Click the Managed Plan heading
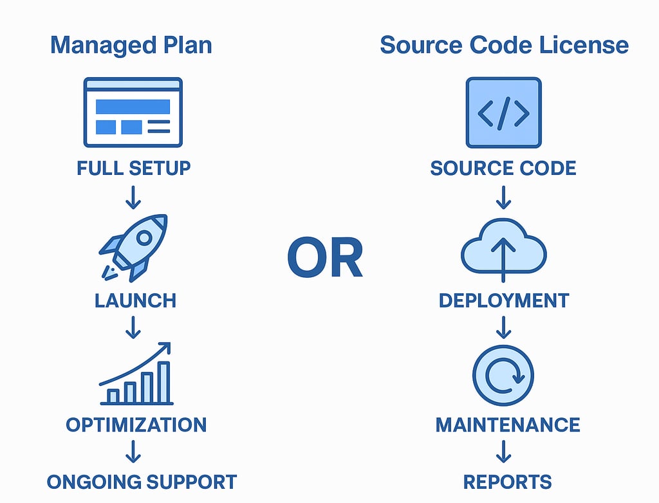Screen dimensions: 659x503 click(131, 46)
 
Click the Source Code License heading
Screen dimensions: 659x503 click(504, 46)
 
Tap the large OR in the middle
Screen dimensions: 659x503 click(325, 258)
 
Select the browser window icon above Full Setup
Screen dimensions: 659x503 click(133, 113)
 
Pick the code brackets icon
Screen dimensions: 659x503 click(503, 113)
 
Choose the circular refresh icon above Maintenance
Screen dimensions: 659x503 click(503, 376)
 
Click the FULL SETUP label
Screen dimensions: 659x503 click(134, 169)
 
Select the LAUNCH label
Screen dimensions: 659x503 click(135, 300)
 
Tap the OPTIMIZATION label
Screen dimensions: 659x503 click(136, 425)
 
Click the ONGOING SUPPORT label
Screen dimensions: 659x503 click(142, 482)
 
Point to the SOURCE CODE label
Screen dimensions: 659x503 click(503, 169)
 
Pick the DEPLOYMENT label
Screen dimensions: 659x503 click(504, 300)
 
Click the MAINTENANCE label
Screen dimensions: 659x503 click(508, 425)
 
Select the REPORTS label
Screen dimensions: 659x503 click(508, 482)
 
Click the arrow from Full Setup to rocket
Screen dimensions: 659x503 click(133, 197)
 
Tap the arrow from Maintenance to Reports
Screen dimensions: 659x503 click(504, 453)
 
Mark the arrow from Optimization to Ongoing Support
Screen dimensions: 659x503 click(133, 453)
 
